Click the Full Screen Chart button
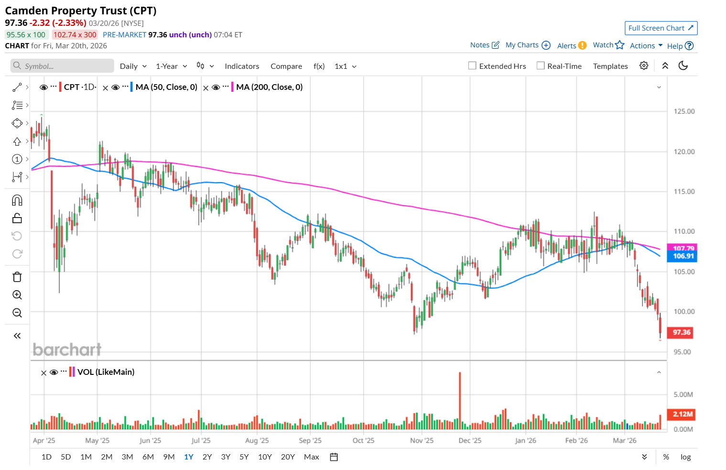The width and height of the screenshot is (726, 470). (661, 28)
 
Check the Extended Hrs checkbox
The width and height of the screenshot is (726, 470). (472, 66)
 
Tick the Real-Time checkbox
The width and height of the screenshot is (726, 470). (541, 66)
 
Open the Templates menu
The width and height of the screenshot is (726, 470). (610, 66)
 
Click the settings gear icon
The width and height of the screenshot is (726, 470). (644, 66)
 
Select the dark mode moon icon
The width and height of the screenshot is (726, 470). (683, 66)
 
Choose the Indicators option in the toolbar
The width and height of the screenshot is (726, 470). (242, 66)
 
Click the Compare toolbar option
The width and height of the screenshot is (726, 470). (286, 66)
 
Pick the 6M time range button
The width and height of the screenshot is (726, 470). (148, 457)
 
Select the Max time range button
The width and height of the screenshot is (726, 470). (311, 457)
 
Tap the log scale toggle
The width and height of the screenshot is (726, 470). (685, 457)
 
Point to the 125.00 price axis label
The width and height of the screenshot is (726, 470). (684, 111)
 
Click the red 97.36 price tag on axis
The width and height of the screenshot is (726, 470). (682, 332)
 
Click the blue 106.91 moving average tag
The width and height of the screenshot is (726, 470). (683, 256)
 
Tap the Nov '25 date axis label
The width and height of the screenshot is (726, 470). (422, 440)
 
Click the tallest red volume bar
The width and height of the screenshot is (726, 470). (460, 401)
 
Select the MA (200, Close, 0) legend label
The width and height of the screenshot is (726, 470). (269, 87)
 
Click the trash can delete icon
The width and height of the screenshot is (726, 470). (17, 277)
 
